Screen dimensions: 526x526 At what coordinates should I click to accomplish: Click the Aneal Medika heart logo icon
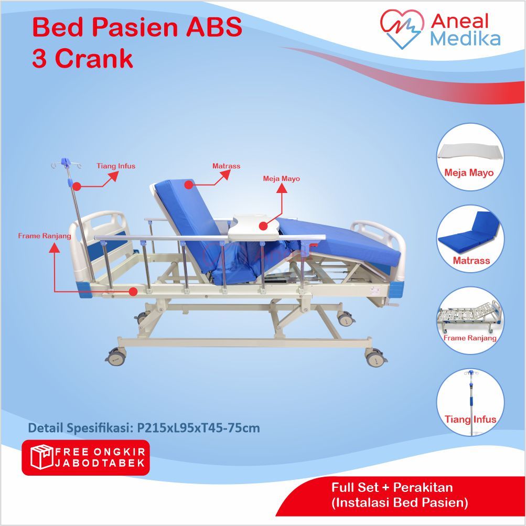click(x=402, y=28)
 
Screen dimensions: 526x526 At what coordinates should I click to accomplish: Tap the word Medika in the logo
click(x=465, y=39)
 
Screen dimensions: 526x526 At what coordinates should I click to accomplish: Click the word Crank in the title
click(x=94, y=58)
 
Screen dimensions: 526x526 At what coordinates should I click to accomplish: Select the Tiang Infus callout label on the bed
click(x=116, y=166)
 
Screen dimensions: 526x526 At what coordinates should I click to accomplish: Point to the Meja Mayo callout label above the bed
click(x=281, y=178)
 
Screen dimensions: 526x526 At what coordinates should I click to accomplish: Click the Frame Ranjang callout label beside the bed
click(x=45, y=236)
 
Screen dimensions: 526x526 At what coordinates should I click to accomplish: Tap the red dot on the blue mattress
click(x=189, y=185)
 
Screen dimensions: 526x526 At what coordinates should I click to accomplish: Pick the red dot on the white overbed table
click(x=264, y=226)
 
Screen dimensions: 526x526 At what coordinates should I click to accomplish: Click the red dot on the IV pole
click(x=77, y=186)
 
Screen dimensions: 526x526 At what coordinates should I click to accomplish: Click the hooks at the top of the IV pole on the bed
click(x=67, y=164)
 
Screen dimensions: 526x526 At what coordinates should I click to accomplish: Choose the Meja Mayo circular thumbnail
click(x=470, y=157)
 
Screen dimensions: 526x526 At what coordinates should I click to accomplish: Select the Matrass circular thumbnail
click(x=470, y=239)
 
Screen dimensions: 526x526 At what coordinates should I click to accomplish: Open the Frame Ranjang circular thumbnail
click(x=470, y=321)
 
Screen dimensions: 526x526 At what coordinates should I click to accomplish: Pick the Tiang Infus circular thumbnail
click(x=470, y=403)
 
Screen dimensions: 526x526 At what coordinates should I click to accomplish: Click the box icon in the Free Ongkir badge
click(x=41, y=457)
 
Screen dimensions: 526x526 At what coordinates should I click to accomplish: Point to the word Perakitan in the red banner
click(x=423, y=487)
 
